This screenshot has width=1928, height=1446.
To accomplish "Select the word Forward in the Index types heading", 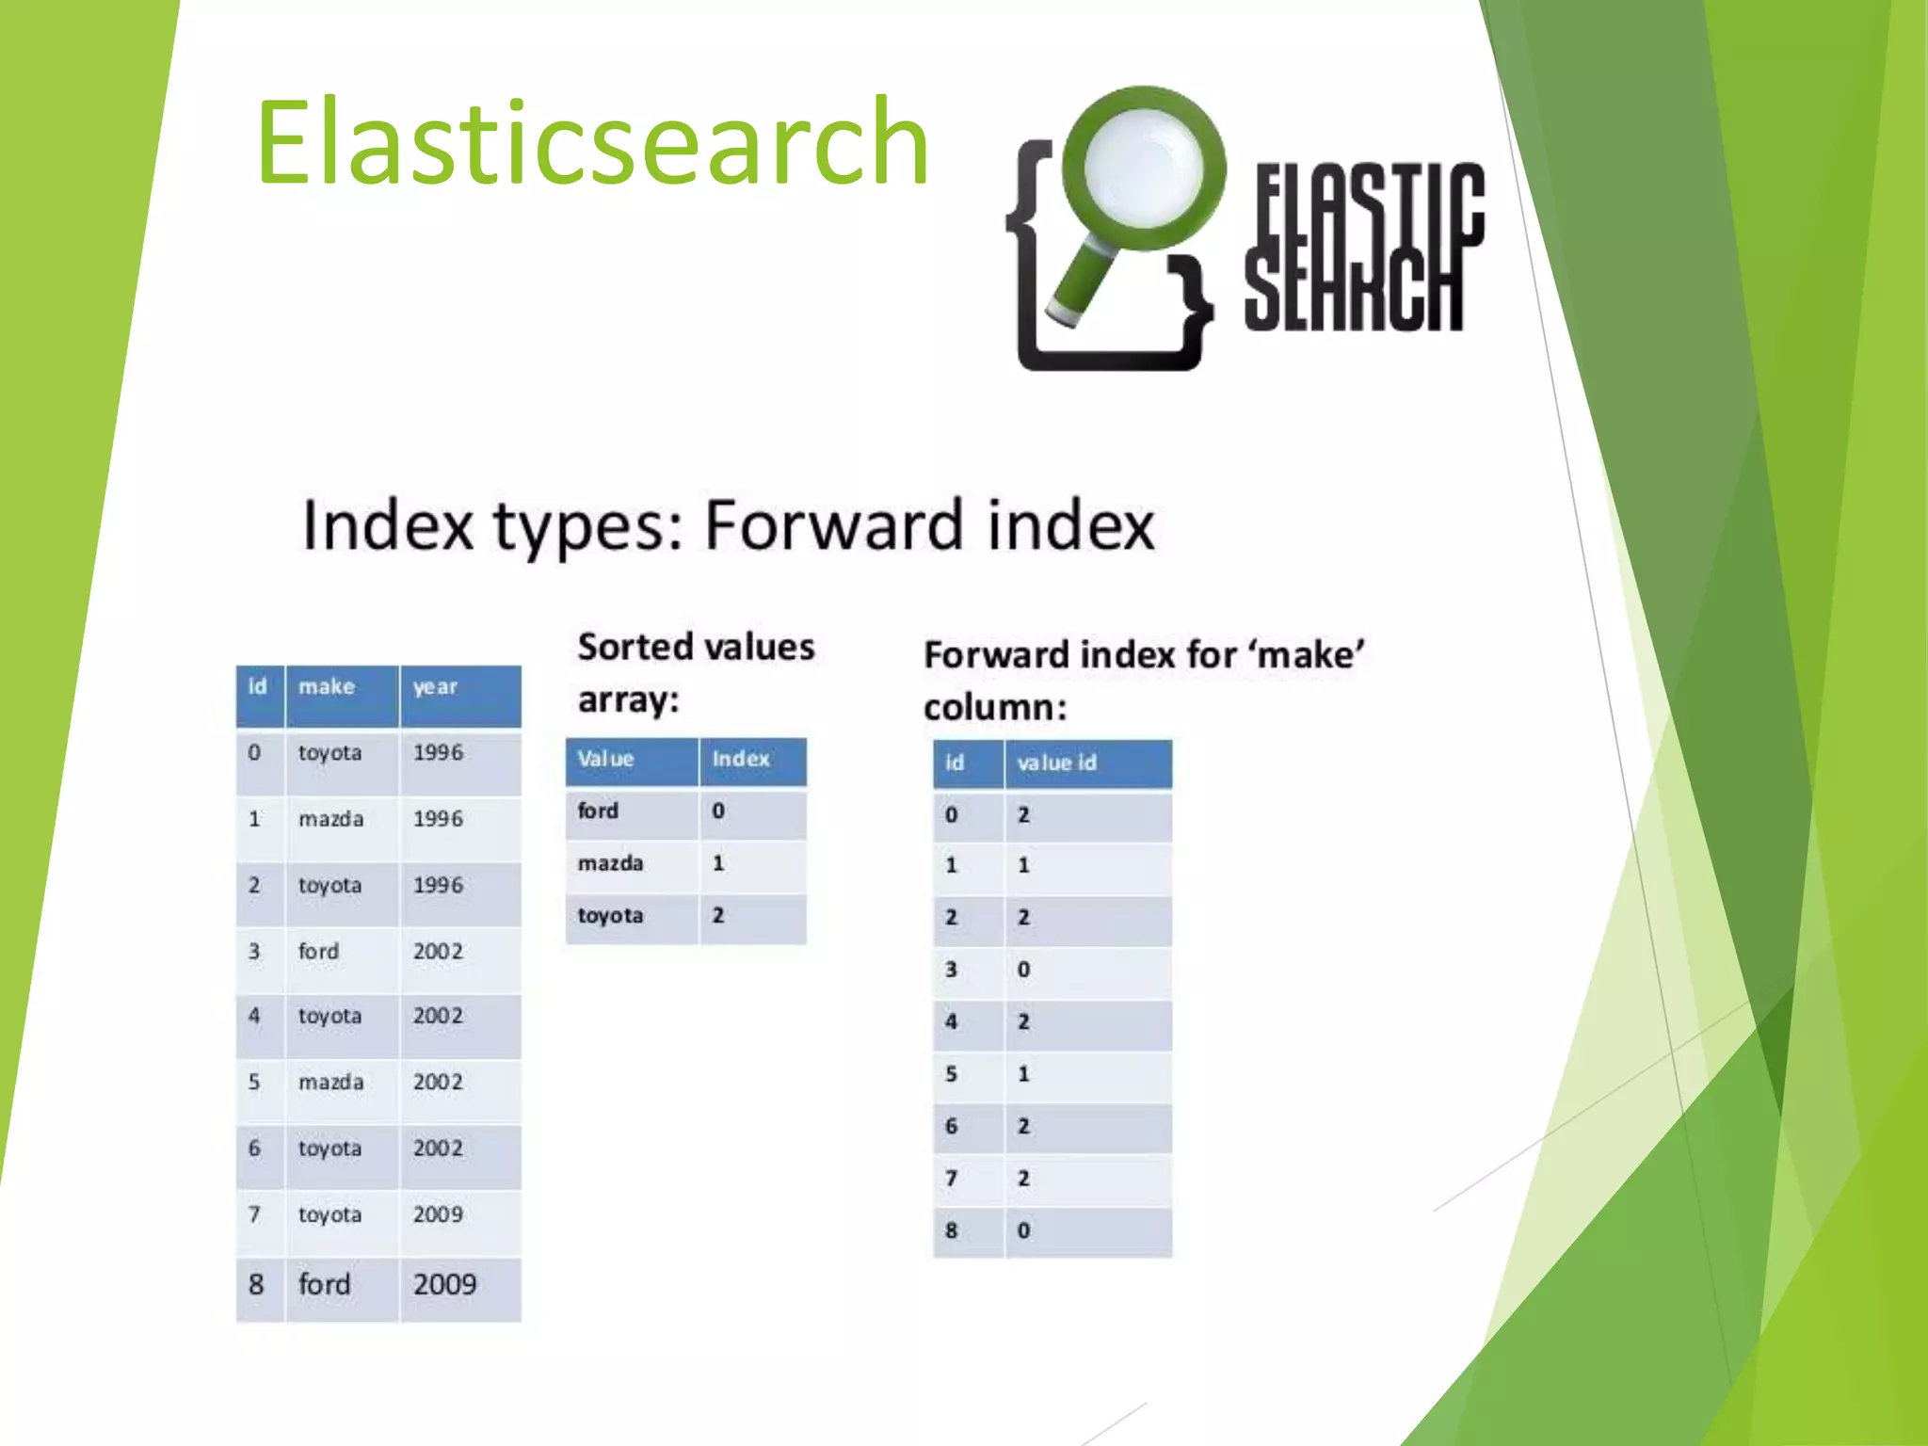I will coord(833,525).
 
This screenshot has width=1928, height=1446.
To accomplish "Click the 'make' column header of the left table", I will coord(327,687).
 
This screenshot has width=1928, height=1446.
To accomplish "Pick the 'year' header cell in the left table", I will coord(435,687).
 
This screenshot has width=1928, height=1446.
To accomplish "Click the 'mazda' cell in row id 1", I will coord(330,819).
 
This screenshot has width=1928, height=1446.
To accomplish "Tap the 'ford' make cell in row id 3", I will coord(318,952).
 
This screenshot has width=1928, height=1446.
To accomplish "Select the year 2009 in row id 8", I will coord(444,1284).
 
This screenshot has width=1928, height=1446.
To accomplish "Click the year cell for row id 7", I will coord(438,1214).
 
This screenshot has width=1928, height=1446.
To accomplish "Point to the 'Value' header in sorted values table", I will coord(605,759).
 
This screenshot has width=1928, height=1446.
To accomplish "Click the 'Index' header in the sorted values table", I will coord(741,759).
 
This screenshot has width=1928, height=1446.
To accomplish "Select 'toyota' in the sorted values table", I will coord(610,915).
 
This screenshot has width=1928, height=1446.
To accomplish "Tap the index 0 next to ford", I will coord(718,811).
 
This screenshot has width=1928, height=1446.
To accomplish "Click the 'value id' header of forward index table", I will coord(1056,763).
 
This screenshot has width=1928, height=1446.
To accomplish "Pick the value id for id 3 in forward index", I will coord(1023,970).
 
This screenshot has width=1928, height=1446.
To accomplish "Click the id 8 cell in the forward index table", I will coord(951,1230).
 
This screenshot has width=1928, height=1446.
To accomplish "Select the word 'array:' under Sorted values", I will coord(628,700).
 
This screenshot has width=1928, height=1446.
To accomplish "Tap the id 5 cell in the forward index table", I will coord(951,1074).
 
